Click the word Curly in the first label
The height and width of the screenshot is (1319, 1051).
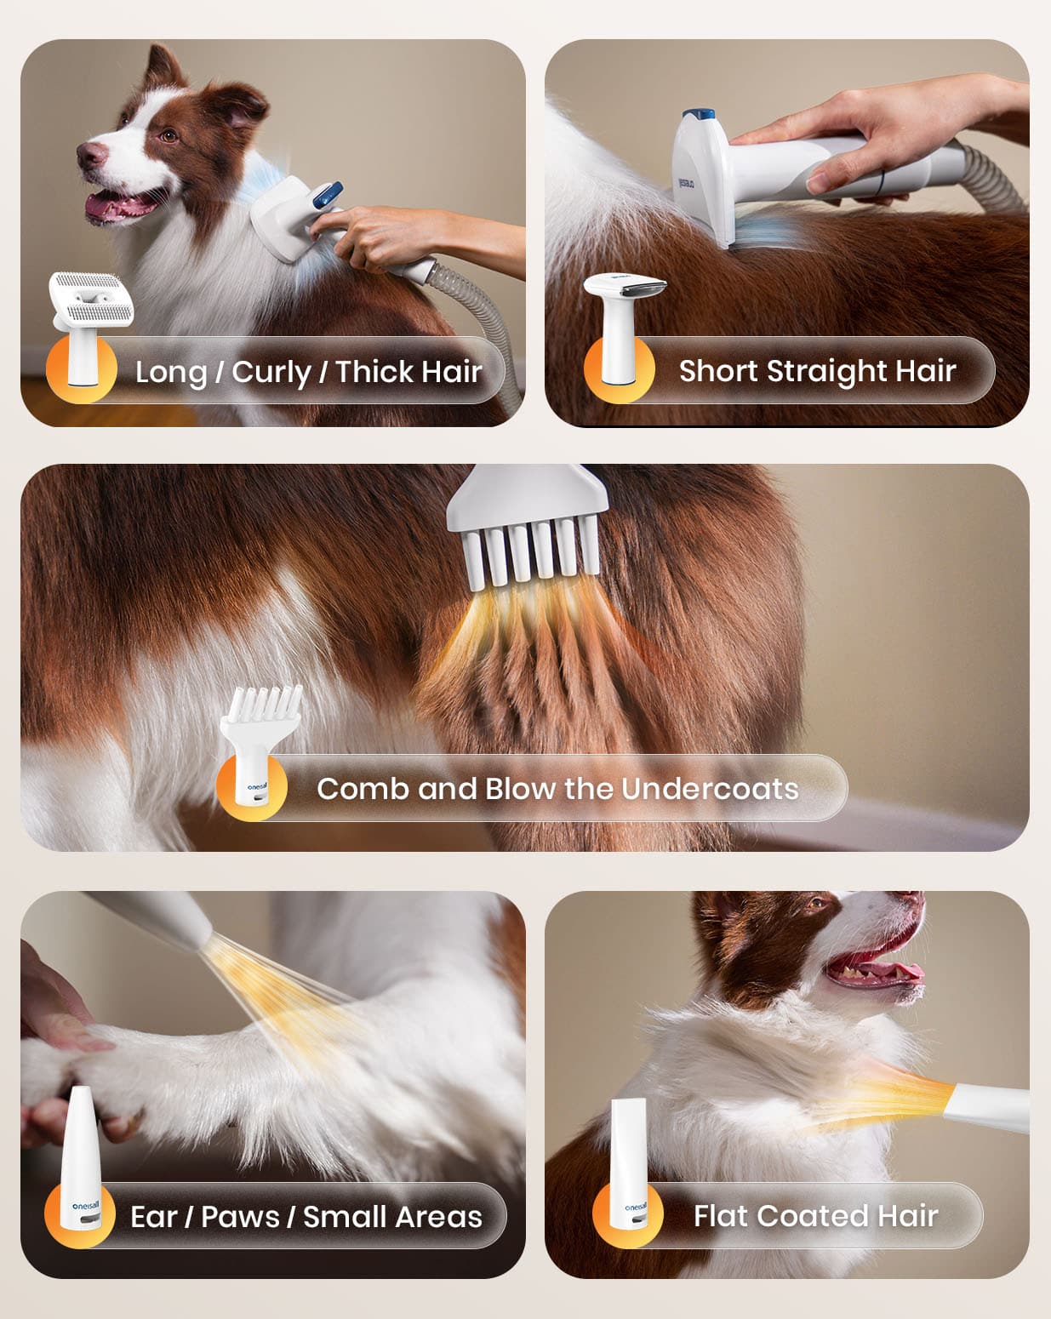(x=271, y=373)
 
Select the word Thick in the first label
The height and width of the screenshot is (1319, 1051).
(x=374, y=371)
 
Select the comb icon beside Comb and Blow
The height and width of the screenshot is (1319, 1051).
(x=260, y=745)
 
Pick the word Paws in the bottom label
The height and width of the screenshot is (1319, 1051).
(x=240, y=1217)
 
